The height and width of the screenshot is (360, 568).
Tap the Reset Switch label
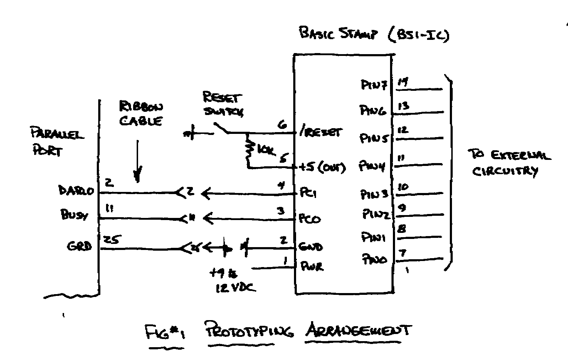pyautogui.click(x=223, y=104)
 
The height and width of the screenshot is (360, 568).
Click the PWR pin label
pyautogui.click(x=312, y=266)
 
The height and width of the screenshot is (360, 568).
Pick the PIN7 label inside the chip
pyautogui.click(x=374, y=85)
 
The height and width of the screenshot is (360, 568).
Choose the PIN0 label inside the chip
pyautogui.click(x=374, y=259)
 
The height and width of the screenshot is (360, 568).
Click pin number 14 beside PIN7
pyautogui.click(x=403, y=83)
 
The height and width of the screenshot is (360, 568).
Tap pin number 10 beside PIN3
pyautogui.click(x=403, y=187)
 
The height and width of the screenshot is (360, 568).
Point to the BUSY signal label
pyautogui.click(x=74, y=214)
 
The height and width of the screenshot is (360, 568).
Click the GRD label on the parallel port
pyautogui.click(x=79, y=246)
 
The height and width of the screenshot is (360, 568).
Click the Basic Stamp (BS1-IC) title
pyautogui.click(x=374, y=34)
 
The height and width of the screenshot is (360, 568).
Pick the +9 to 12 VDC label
pyautogui.click(x=232, y=281)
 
